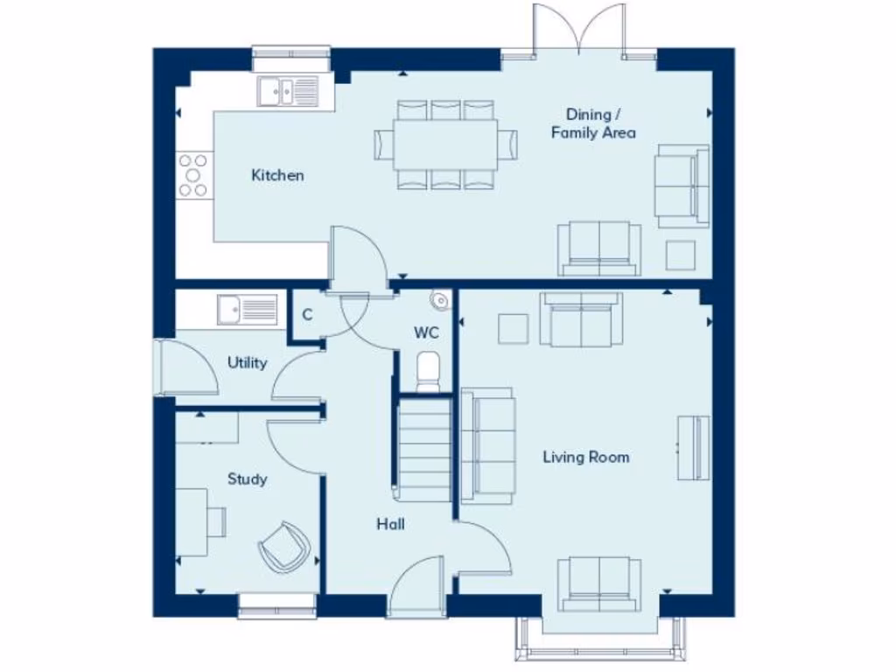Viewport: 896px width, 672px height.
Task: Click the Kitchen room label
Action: click(277, 175)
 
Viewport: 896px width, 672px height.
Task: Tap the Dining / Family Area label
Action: click(593, 123)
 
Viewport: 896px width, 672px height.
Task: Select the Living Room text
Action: click(585, 457)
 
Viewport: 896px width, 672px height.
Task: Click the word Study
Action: click(247, 479)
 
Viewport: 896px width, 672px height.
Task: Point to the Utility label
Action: click(247, 362)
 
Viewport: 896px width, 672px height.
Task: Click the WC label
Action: click(426, 332)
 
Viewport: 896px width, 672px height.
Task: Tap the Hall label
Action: click(390, 524)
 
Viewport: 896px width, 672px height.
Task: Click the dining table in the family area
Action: click(446, 143)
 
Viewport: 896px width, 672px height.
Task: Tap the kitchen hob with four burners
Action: click(194, 175)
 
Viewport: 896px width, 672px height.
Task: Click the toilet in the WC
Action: click(427, 372)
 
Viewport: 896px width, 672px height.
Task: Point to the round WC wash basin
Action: click(439, 300)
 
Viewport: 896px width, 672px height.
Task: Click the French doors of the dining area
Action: click(579, 31)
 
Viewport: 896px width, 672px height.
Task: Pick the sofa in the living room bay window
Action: click(599, 582)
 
